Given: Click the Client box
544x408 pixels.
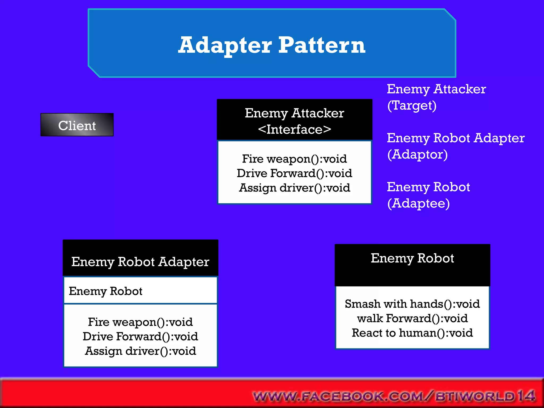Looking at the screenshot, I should pos(77,125).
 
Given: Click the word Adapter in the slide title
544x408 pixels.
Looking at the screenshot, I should pos(225,45).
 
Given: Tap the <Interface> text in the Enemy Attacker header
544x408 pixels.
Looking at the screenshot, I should pos(294,130).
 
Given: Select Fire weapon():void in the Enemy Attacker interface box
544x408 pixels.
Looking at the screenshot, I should pos(294,159).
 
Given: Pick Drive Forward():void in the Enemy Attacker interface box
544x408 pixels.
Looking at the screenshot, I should pos(294,173).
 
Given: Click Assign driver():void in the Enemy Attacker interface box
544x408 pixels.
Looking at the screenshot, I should pos(294,188).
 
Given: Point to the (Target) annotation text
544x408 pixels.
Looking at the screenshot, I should pos(412,106).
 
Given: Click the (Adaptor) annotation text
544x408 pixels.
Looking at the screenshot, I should pos(417,155).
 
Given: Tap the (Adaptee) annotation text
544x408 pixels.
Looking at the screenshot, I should pos(418,204).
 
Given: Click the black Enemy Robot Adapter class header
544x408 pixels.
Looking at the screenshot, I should pos(140,262).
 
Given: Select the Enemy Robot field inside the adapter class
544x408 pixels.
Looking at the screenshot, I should pos(106,291).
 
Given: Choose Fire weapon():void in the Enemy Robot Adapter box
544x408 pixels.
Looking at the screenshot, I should pos(140,322).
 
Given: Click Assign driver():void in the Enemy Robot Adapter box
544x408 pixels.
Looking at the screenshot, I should pos(140,351).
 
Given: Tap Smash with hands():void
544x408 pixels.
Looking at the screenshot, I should pos(412,304).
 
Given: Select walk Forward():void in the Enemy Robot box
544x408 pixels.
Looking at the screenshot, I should pos(412,318).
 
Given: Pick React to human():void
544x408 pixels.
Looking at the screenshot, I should pos(412,333).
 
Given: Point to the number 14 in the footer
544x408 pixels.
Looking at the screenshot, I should pos(526,396).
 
